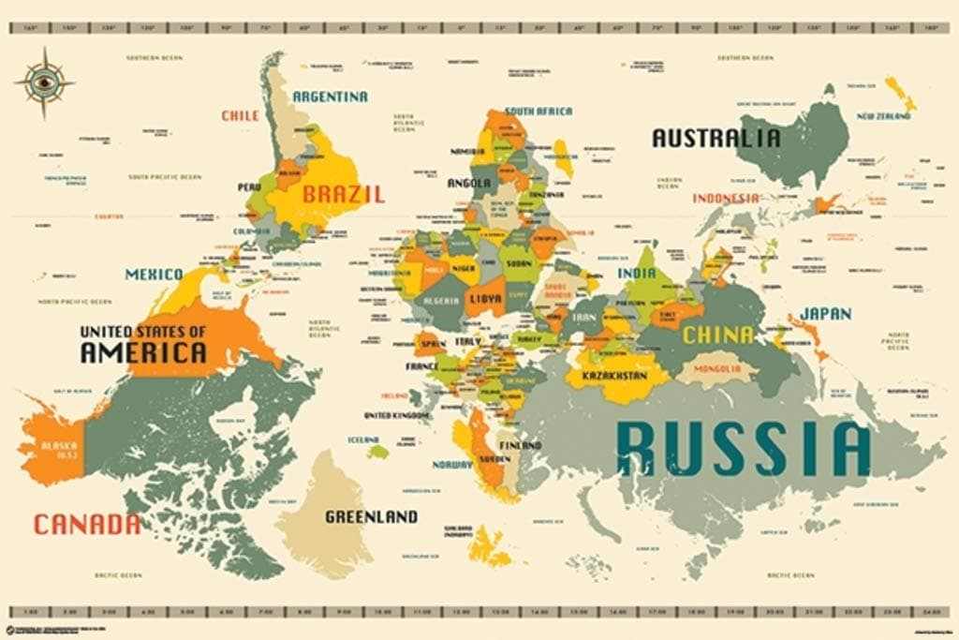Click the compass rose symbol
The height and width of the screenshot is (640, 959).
coord(44,82)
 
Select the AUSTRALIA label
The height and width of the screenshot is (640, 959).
coord(716,138)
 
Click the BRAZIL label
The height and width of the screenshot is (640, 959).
coord(343,195)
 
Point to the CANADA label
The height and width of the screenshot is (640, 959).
coord(87,525)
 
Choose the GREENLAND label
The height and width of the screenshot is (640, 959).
coord(371,516)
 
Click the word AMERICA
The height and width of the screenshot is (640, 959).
coord(143,353)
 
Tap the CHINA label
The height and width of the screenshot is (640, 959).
coord(718,335)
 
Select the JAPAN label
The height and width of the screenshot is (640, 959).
coord(825,314)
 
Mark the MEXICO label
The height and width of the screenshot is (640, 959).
coord(155,275)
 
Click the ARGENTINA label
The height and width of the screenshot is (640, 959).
coord(330,97)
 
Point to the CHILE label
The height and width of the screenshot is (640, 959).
coord(240,116)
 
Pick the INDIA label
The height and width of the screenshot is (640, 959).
coord(637,273)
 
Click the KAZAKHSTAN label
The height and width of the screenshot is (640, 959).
coord(614,376)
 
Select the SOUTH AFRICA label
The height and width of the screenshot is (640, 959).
coord(539,112)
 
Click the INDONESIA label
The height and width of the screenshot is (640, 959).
coord(726,199)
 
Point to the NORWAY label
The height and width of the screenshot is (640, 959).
coord(453,464)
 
